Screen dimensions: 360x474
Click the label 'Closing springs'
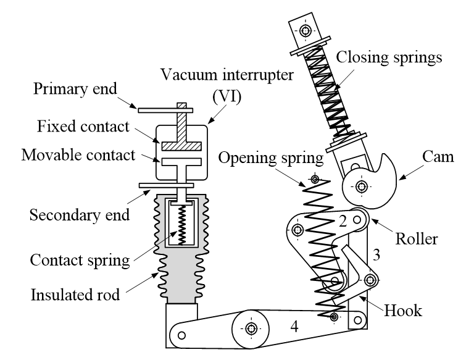point(389,59)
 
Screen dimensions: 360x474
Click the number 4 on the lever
point(294,328)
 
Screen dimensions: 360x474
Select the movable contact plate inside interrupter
point(181,163)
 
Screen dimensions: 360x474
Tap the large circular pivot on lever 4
point(251,328)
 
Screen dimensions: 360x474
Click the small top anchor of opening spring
point(315,180)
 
